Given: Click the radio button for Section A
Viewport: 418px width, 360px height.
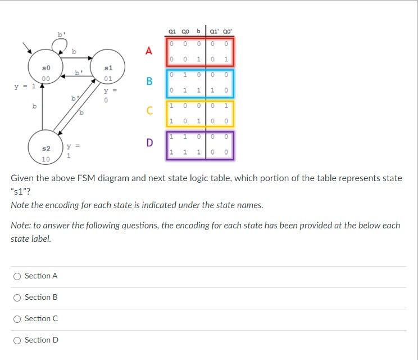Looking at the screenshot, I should (17, 276).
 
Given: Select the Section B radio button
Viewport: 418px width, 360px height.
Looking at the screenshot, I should (17, 297).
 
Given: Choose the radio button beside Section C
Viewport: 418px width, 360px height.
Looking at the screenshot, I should (17, 318).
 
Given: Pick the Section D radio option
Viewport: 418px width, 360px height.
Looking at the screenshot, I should (17, 340).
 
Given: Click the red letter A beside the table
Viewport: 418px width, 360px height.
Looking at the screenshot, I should (149, 51).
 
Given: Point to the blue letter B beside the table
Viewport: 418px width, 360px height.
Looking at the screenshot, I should (149, 82).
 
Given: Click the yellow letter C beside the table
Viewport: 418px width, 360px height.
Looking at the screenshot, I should (149, 111).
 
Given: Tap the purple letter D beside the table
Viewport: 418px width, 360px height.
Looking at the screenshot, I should (149, 142).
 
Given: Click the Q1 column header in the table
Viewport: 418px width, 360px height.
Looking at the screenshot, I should (172, 31).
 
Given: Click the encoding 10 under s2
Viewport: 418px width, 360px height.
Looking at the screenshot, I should (46, 159).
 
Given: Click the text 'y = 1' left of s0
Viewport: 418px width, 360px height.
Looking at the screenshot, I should (25, 86).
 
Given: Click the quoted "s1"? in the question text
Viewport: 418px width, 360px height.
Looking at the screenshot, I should (21, 192).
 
